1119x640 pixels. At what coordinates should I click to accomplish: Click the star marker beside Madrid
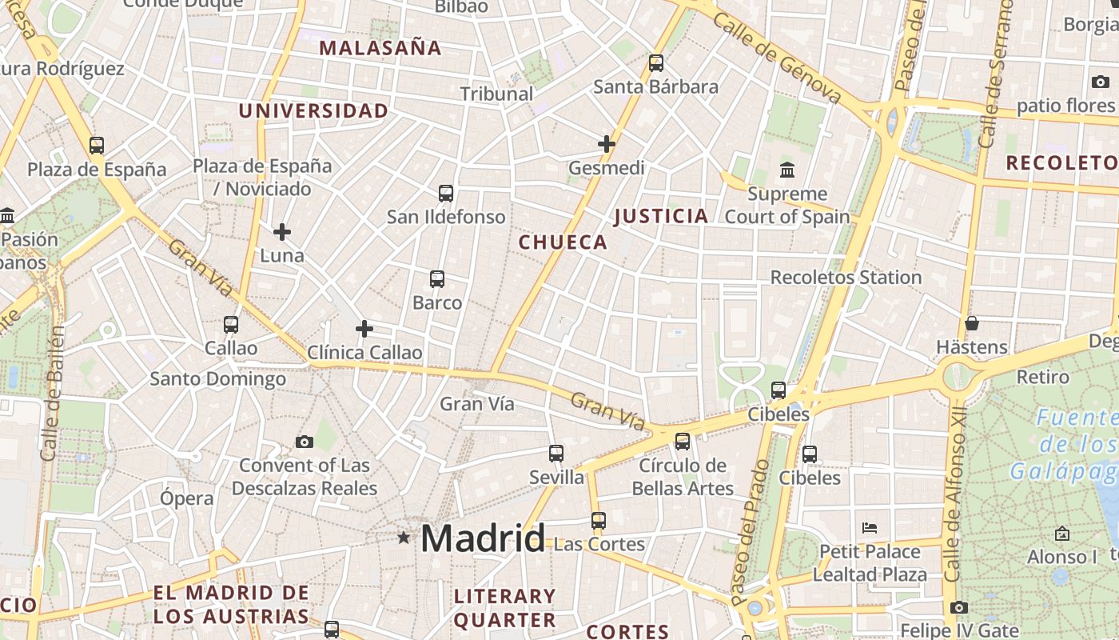(x=404, y=538)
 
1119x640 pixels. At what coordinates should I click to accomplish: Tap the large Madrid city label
(x=483, y=538)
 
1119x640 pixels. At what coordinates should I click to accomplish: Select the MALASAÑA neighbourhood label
(x=380, y=47)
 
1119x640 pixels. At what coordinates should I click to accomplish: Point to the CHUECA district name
(x=563, y=242)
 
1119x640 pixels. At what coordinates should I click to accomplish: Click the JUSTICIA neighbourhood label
(x=661, y=215)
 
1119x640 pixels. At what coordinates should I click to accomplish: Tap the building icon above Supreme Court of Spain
(x=787, y=170)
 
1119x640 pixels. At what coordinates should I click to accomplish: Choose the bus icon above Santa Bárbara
(x=656, y=63)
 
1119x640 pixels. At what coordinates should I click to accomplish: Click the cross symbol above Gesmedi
(x=607, y=144)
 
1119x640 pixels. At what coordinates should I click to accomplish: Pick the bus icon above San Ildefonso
(x=446, y=194)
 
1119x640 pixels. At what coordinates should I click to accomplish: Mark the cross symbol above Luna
(x=282, y=233)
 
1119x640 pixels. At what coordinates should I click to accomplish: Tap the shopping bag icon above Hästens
(x=972, y=324)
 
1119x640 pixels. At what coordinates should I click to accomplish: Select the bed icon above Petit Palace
(x=870, y=528)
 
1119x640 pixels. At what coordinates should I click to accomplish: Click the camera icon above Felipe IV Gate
(x=959, y=608)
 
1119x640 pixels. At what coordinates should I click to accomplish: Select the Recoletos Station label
(x=846, y=278)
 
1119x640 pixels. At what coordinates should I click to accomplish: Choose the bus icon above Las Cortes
(x=599, y=521)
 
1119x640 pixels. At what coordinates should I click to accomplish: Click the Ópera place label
(x=187, y=498)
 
